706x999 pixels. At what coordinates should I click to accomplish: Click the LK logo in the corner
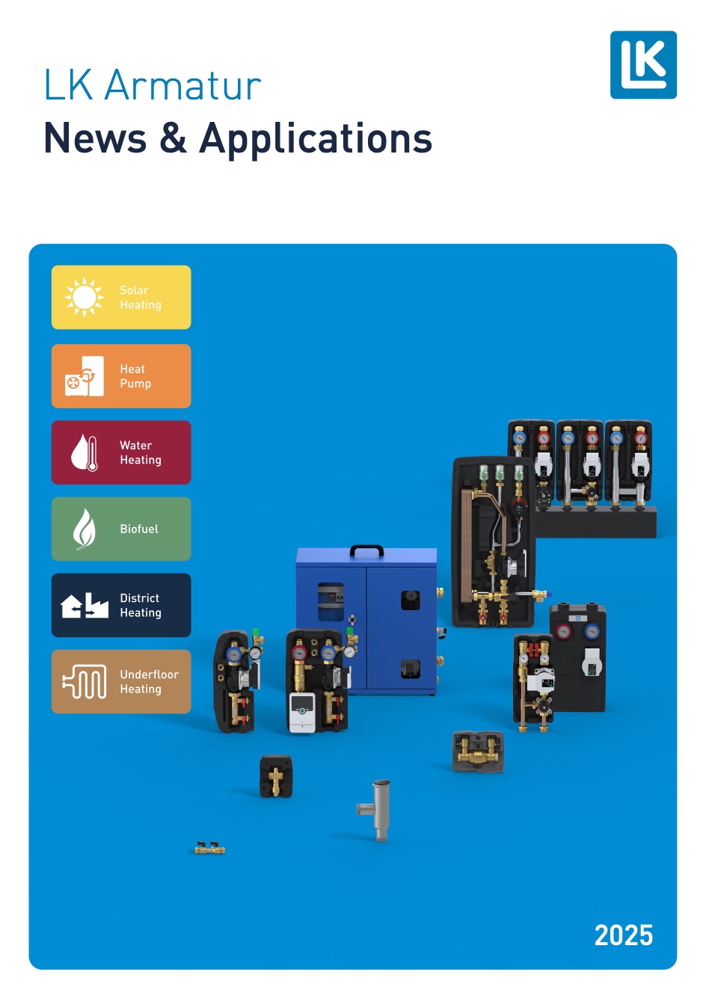click(643, 65)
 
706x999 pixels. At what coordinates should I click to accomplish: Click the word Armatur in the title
click(182, 85)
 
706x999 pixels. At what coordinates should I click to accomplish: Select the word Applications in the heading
click(316, 139)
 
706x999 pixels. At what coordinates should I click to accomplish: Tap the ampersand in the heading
click(173, 139)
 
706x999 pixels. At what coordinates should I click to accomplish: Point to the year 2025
click(623, 935)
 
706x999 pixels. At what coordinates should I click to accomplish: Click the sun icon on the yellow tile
click(85, 298)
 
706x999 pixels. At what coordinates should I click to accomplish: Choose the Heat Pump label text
click(135, 376)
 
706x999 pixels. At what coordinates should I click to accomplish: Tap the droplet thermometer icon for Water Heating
click(85, 453)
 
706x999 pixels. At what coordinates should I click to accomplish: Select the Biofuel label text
click(139, 529)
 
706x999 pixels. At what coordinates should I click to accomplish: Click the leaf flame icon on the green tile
click(84, 529)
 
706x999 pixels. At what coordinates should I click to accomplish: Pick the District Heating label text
click(140, 605)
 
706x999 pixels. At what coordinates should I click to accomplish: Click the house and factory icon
click(85, 605)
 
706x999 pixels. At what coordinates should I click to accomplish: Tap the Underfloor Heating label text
click(149, 681)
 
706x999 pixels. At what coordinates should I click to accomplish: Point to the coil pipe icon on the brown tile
click(85, 681)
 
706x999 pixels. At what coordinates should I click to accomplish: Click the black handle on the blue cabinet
click(366, 551)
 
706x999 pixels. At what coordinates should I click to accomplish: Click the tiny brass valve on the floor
click(210, 848)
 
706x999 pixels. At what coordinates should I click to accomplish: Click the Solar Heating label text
click(140, 298)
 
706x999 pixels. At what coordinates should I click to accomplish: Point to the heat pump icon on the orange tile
click(85, 377)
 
